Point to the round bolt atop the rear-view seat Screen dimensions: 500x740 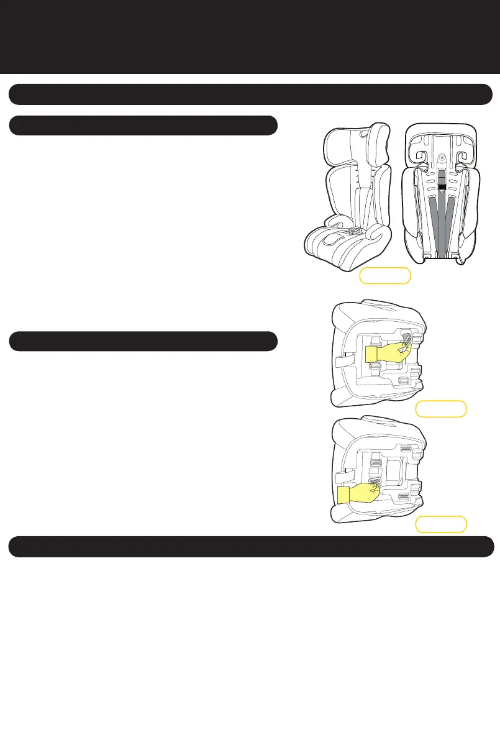tap(442, 158)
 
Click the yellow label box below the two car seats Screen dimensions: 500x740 tap(385, 275)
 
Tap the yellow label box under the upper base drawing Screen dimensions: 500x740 tap(441, 409)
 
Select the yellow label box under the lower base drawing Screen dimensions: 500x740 tap(441, 524)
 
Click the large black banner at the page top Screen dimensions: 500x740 tap(250, 36)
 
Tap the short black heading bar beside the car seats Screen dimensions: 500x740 tap(142, 125)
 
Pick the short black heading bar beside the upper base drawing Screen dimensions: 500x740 tap(142, 341)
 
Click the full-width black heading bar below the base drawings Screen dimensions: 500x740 tap(250, 547)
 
